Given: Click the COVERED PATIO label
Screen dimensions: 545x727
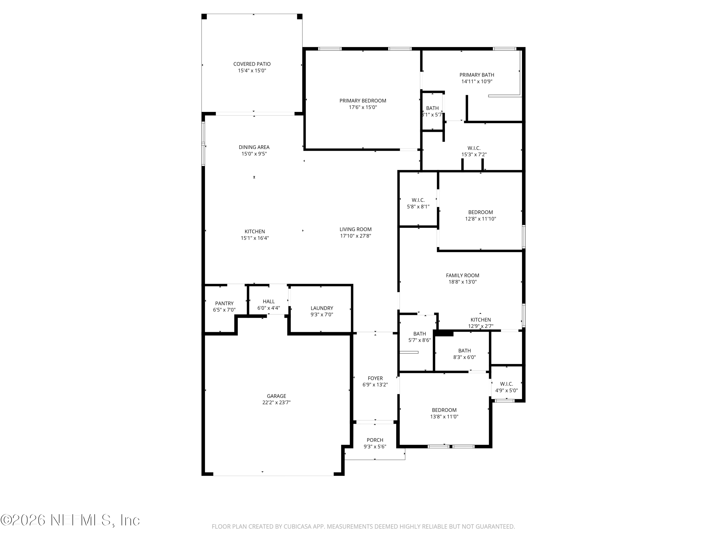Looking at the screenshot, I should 252,64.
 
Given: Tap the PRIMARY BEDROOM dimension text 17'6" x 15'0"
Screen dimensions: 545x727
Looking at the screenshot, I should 363,107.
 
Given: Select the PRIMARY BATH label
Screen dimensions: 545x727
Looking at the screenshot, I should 477,75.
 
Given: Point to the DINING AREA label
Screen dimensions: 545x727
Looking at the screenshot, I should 254,147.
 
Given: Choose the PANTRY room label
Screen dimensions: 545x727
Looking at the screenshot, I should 224,304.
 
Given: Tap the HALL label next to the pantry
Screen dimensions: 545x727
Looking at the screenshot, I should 269,301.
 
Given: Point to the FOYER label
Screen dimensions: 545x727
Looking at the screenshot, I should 375,378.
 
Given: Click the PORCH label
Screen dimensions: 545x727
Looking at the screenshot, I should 375,440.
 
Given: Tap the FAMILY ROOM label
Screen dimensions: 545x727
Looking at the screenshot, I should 462,276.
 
